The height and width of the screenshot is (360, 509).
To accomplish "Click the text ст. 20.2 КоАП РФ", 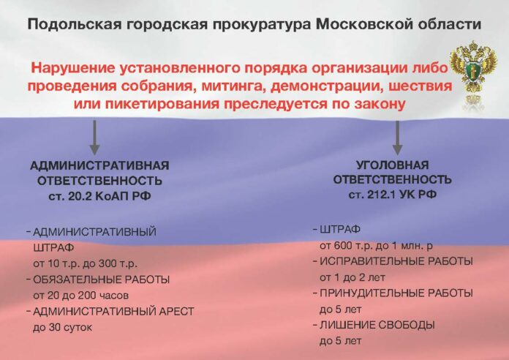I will pos(99,194).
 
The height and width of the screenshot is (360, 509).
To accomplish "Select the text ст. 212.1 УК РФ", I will pos(392,193).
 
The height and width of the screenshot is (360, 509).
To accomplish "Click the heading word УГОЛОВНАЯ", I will pos(392,165).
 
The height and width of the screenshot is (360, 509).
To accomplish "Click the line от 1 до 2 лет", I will pos(350,277).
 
